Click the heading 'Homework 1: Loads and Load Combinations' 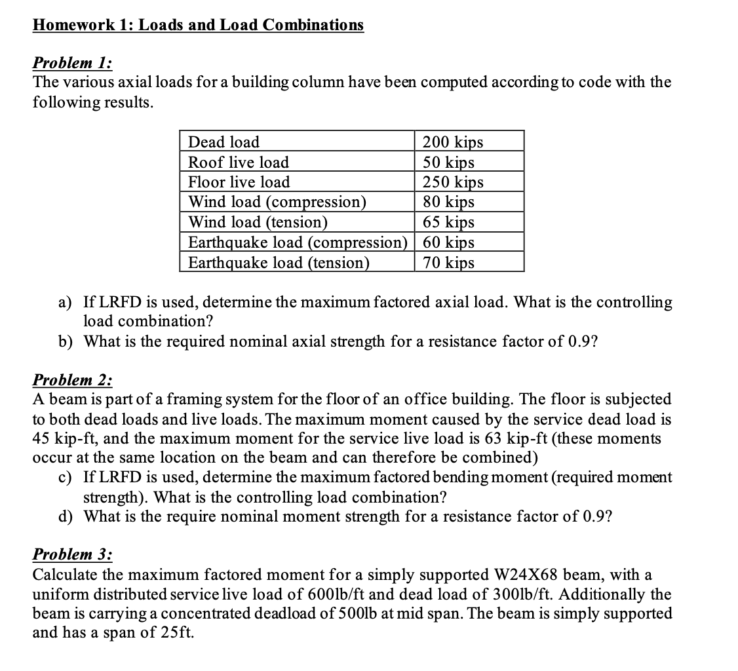pos(198,25)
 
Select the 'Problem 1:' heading pos(72,63)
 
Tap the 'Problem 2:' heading pos(72,380)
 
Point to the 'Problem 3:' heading pos(72,554)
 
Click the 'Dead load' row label pos(223,142)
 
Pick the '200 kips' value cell pos(453,142)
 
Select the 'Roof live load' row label pos(239,162)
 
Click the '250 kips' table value pos(453,182)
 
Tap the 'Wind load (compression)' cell pos(277,202)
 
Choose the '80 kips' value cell pos(449,202)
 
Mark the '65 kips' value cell pos(449,222)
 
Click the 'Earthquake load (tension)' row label pos(279,263)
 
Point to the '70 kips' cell pos(449,263)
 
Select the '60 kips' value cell pos(449,242)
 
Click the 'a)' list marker pos(66,302)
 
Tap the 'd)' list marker pos(66,516)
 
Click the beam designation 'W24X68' pos(525,575)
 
